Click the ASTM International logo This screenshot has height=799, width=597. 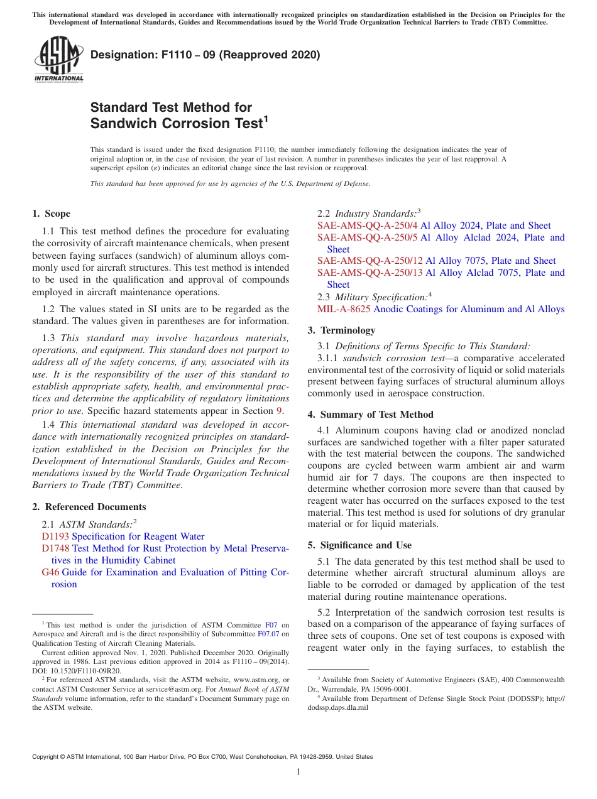coord(58,59)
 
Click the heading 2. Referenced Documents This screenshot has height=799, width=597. coord(89,507)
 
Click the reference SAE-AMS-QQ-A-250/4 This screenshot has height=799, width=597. coord(367,226)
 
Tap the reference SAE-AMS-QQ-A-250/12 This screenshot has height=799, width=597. coord(370,261)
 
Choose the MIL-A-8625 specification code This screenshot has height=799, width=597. coord(344,309)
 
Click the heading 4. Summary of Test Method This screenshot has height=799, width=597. coord(370,415)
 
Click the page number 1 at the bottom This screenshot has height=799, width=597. coord(298,772)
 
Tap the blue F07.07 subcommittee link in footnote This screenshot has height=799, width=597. coord(268,634)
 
